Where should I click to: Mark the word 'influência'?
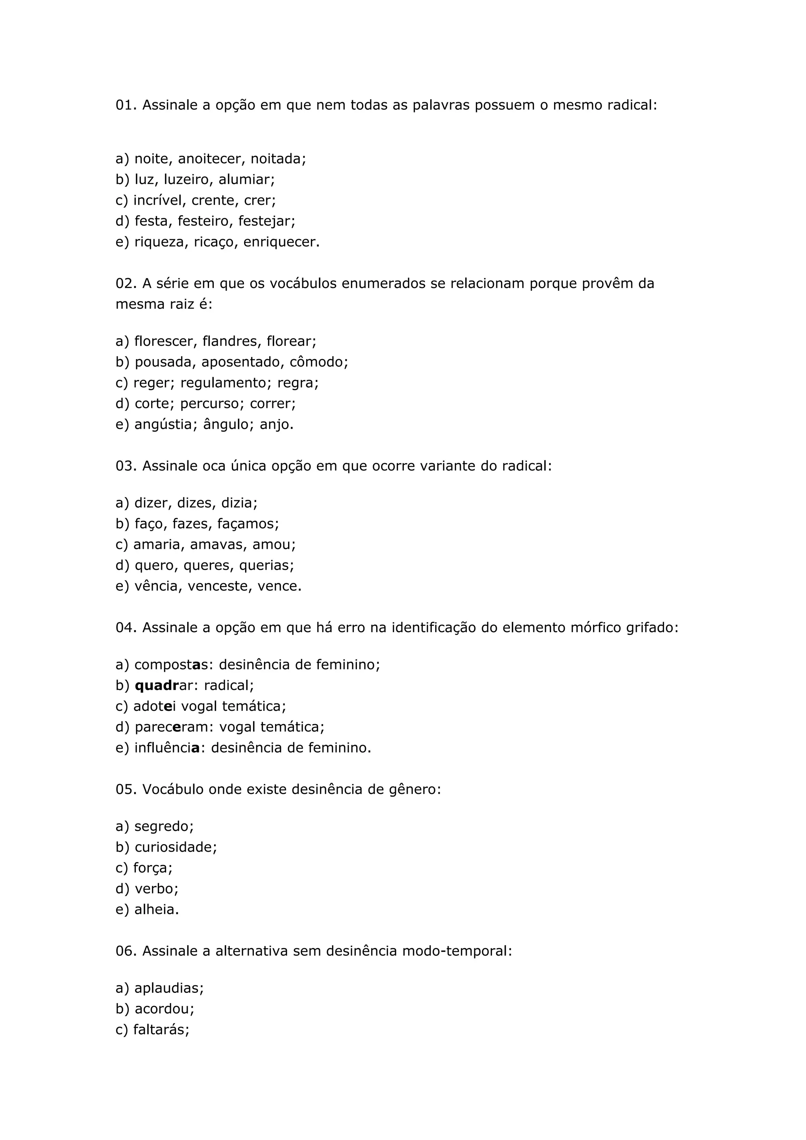point(167,748)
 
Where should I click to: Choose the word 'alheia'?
point(156,909)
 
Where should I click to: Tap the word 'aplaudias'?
point(168,989)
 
